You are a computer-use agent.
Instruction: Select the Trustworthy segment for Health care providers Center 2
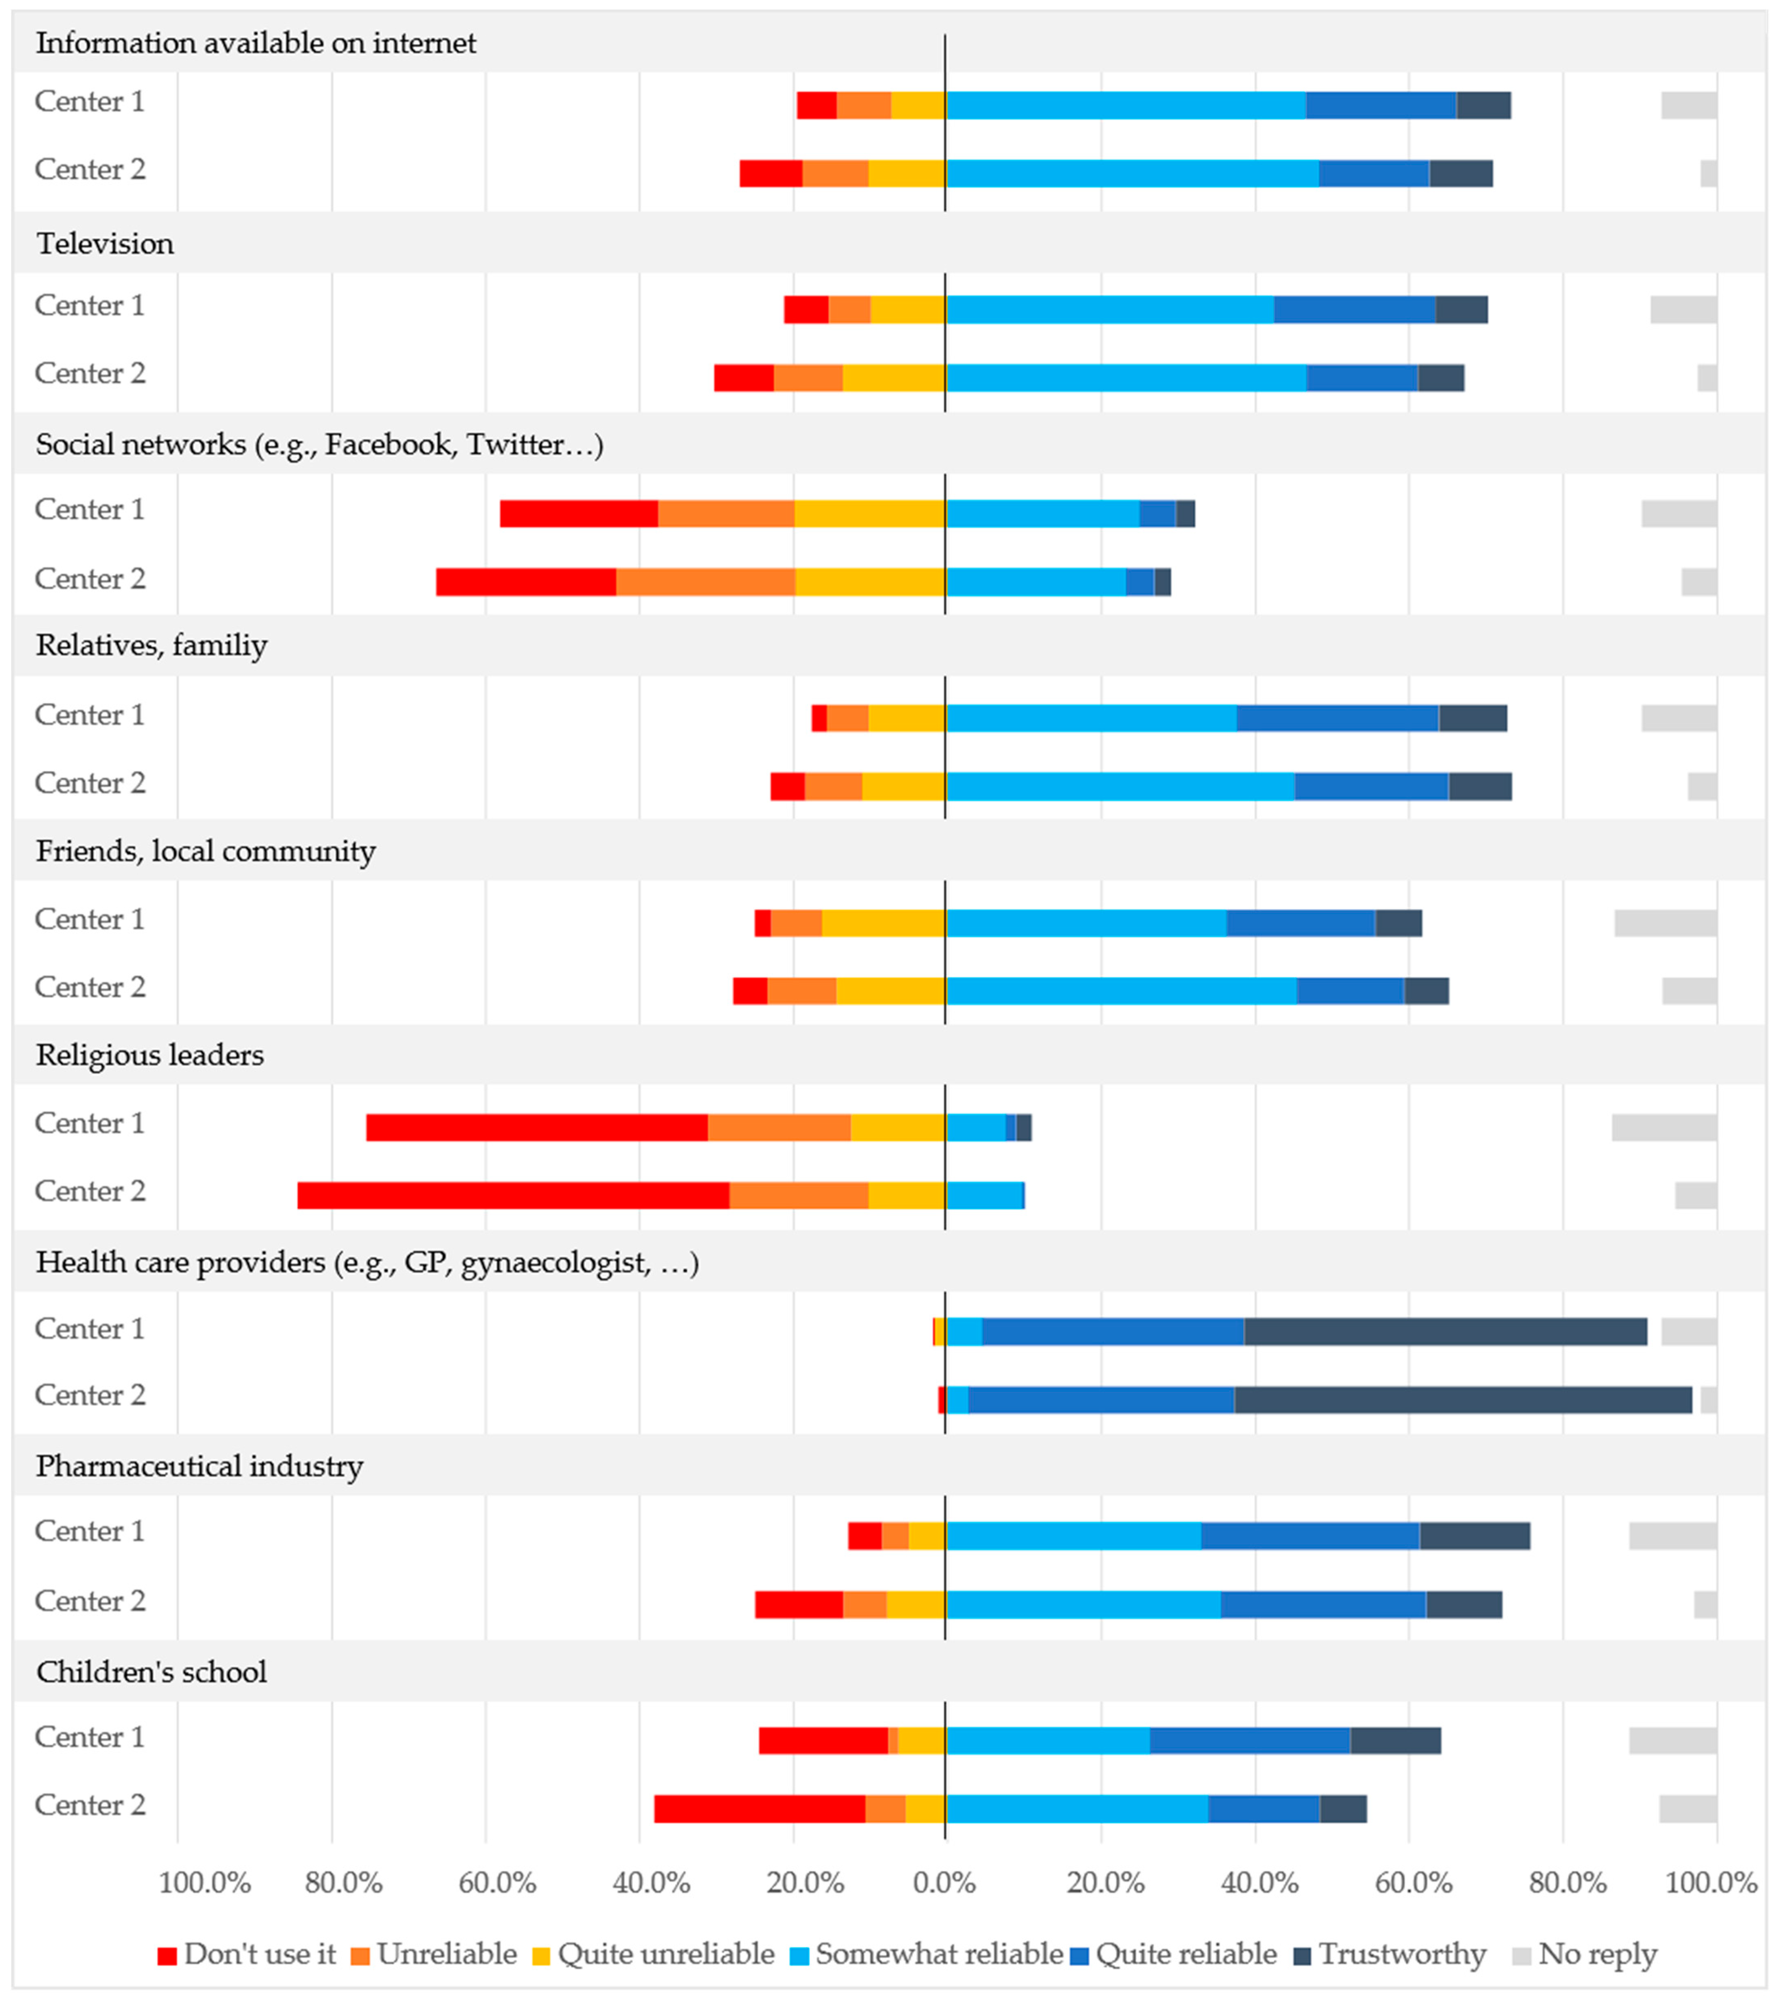[1462, 1399]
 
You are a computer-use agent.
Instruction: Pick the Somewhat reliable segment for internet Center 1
[1125, 105]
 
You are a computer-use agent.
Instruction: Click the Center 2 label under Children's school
[90, 1804]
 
